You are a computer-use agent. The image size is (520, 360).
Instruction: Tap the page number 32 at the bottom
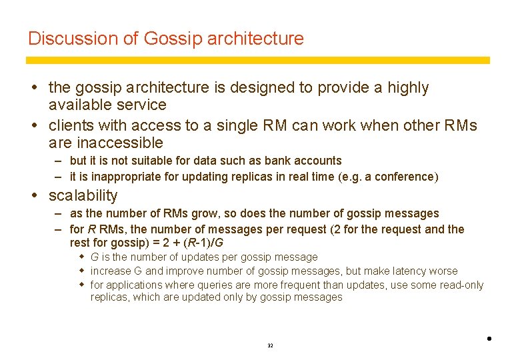pyautogui.click(x=270, y=346)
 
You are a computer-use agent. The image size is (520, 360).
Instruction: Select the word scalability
pyautogui.click(x=83, y=195)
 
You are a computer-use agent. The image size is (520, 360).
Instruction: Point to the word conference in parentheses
pyautogui.click(x=407, y=177)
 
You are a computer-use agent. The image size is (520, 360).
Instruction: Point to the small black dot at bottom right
pyautogui.click(x=489, y=339)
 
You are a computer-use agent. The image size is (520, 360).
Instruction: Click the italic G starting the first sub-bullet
pyautogui.click(x=95, y=257)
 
